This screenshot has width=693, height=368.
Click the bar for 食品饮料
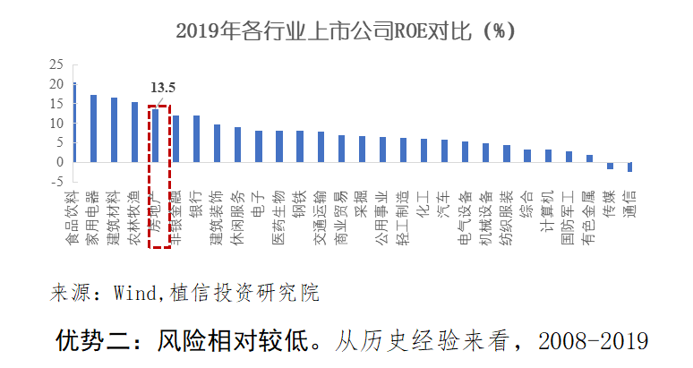[x=74, y=123]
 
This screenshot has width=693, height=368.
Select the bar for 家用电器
[x=93, y=128]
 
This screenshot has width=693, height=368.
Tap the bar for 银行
[x=196, y=139]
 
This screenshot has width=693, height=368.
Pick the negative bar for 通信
[x=630, y=167]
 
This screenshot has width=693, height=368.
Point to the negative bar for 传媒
[x=610, y=166]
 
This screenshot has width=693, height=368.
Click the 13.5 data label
[x=162, y=88]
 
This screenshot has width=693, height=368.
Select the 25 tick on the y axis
[x=56, y=64]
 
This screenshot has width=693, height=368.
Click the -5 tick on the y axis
[x=56, y=182]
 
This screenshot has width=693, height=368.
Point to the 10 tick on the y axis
[x=56, y=123]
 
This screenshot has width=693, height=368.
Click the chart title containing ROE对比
[x=346, y=31]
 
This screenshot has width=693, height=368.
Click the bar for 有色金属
[x=589, y=158]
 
